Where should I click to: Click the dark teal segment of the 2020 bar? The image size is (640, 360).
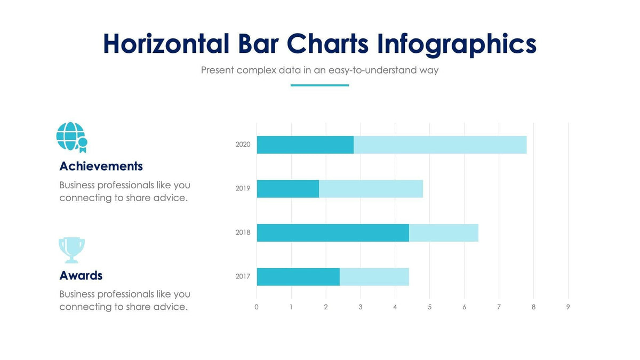[305, 145]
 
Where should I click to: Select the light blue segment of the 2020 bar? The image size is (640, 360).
[440, 145]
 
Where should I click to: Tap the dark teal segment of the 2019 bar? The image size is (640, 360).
[288, 189]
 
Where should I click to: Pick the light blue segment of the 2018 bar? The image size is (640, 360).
[444, 233]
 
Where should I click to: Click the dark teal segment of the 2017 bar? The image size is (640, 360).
[298, 277]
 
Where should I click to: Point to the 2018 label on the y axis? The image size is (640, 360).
[243, 233]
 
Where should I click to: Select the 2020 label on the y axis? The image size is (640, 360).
[243, 145]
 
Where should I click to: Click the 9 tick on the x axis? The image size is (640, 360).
[568, 307]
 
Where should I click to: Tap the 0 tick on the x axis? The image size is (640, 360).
[257, 307]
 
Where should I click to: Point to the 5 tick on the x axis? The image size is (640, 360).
[429, 307]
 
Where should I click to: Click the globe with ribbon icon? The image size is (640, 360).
[71, 137]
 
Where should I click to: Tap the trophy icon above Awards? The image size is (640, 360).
[71, 250]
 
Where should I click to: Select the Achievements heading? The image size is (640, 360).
[101, 166]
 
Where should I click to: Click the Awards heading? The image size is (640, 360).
[81, 276]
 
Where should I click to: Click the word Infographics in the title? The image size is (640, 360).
[457, 44]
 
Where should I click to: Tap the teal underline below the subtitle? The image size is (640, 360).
[319, 85]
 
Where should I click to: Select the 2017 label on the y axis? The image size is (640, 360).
[243, 277]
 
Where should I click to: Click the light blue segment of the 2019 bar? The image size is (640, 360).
[371, 189]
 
